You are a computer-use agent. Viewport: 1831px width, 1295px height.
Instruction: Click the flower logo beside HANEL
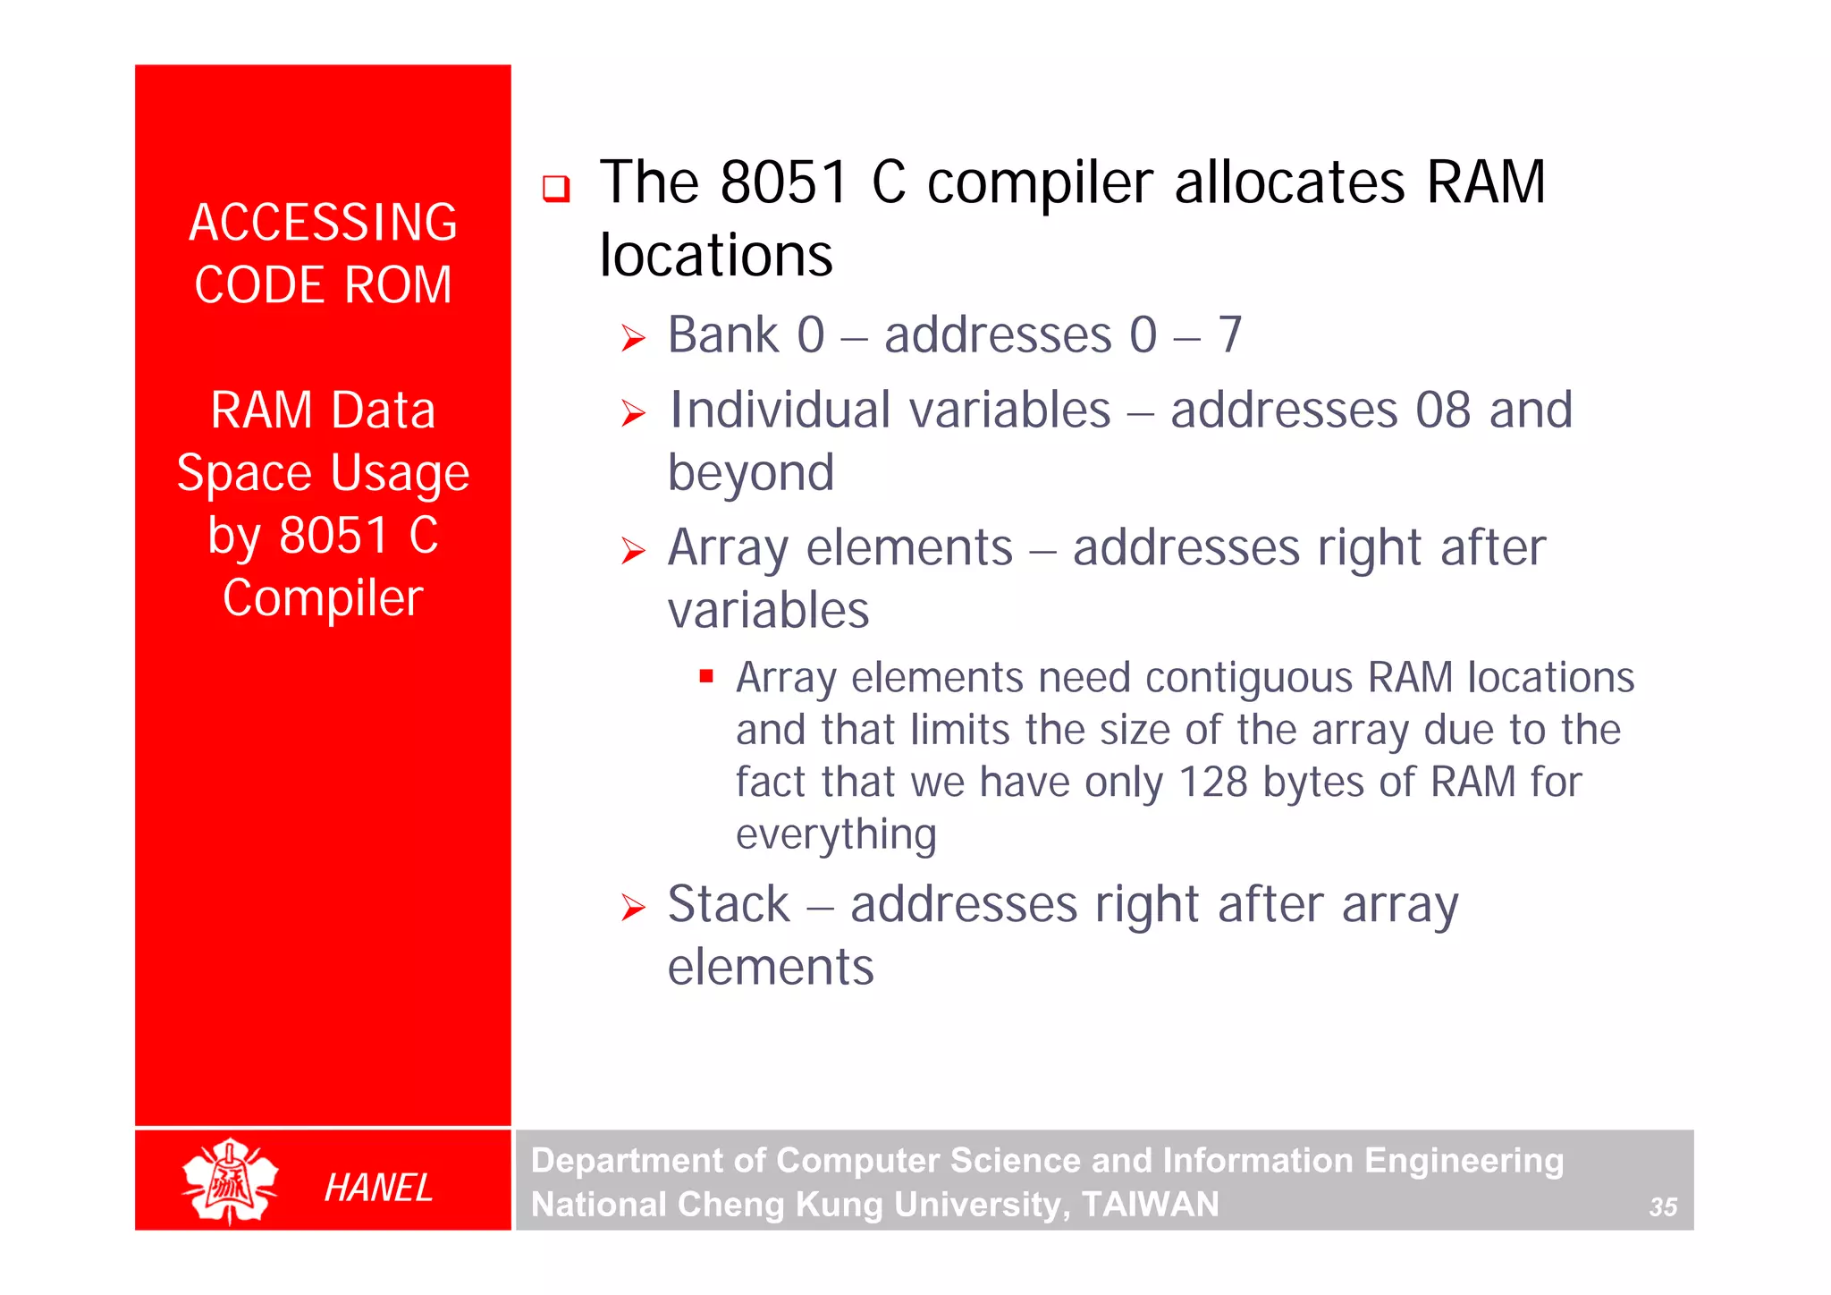[230, 1181]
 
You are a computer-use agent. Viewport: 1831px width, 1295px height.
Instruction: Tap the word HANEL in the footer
[378, 1188]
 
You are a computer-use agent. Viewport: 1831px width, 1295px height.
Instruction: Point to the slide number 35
[1662, 1206]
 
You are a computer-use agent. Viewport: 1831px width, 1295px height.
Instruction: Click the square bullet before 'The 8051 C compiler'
[556, 189]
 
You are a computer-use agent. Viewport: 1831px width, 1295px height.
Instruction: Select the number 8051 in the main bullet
[783, 182]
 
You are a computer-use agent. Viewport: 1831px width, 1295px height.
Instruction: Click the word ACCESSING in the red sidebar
[323, 223]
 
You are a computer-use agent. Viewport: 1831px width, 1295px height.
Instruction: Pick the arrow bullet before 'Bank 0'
[633, 339]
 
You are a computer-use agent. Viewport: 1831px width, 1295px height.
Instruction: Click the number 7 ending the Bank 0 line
[1229, 335]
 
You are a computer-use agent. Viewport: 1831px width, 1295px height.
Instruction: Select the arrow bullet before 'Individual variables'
[633, 413]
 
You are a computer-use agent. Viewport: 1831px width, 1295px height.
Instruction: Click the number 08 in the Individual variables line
[1442, 411]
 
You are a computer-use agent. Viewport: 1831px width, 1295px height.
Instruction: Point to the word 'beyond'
[751, 472]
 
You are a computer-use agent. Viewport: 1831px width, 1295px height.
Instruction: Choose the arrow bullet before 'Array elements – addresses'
[633, 551]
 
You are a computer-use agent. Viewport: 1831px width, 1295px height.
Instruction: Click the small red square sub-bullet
[706, 676]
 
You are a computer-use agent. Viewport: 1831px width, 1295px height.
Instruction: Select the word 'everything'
[836, 834]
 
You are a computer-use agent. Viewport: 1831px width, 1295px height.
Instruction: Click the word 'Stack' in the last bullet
[729, 904]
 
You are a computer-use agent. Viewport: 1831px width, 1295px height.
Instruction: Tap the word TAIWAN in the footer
[1150, 1205]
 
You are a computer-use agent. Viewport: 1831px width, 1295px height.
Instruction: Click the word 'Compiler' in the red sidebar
[323, 597]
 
